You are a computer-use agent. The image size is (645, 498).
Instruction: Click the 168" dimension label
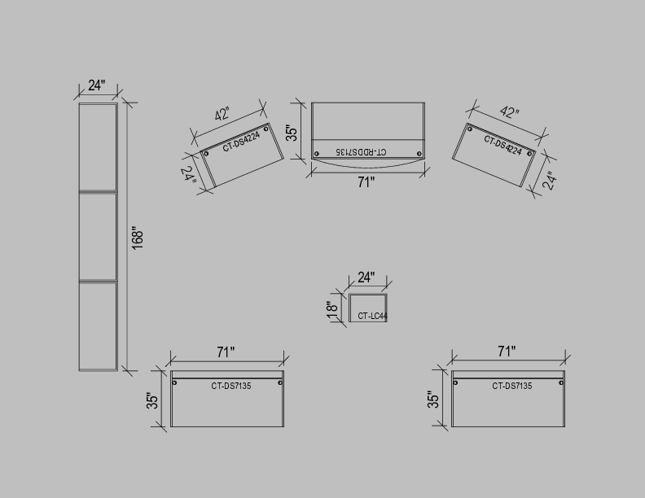click(x=138, y=238)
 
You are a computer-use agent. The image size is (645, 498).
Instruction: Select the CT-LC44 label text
click(x=372, y=316)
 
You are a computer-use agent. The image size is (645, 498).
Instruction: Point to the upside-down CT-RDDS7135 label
click(x=361, y=151)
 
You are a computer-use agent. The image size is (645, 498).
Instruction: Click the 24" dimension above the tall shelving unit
click(x=97, y=85)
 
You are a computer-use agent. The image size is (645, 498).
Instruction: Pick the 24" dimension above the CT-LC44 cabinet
click(x=366, y=277)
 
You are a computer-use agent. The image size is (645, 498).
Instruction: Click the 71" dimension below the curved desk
click(x=366, y=181)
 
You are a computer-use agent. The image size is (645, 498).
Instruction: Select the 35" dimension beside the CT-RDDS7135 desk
click(x=292, y=133)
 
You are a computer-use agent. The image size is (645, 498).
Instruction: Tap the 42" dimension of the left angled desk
click(x=222, y=113)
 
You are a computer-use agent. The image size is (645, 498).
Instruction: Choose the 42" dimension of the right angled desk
click(x=510, y=111)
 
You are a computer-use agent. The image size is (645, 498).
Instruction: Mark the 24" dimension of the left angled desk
click(x=187, y=175)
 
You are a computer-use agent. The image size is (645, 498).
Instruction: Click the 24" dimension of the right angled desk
click(x=550, y=180)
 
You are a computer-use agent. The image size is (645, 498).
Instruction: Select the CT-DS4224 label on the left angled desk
click(x=241, y=142)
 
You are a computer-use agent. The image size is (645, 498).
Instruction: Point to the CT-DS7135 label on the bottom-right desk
click(x=512, y=386)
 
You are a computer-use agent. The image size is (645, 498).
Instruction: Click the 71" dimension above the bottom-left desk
click(x=226, y=352)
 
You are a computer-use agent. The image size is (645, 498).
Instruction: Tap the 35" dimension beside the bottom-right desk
click(x=433, y=400)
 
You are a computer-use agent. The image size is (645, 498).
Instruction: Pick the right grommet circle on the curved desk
click(x=419, y=154)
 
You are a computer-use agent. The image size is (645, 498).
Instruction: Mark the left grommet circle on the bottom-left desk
click(x=174, y=382)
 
